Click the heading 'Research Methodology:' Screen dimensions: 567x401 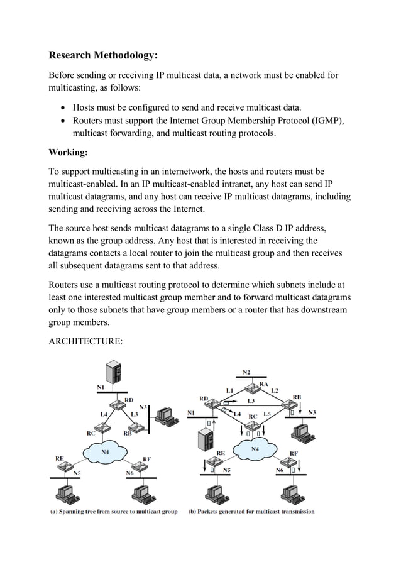103,56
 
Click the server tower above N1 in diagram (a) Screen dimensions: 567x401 113,373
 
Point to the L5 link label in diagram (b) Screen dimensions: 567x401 267,414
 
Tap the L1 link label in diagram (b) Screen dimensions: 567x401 230,391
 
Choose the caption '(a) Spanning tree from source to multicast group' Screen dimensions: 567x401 114,512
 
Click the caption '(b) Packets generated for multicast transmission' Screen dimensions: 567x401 251,512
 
